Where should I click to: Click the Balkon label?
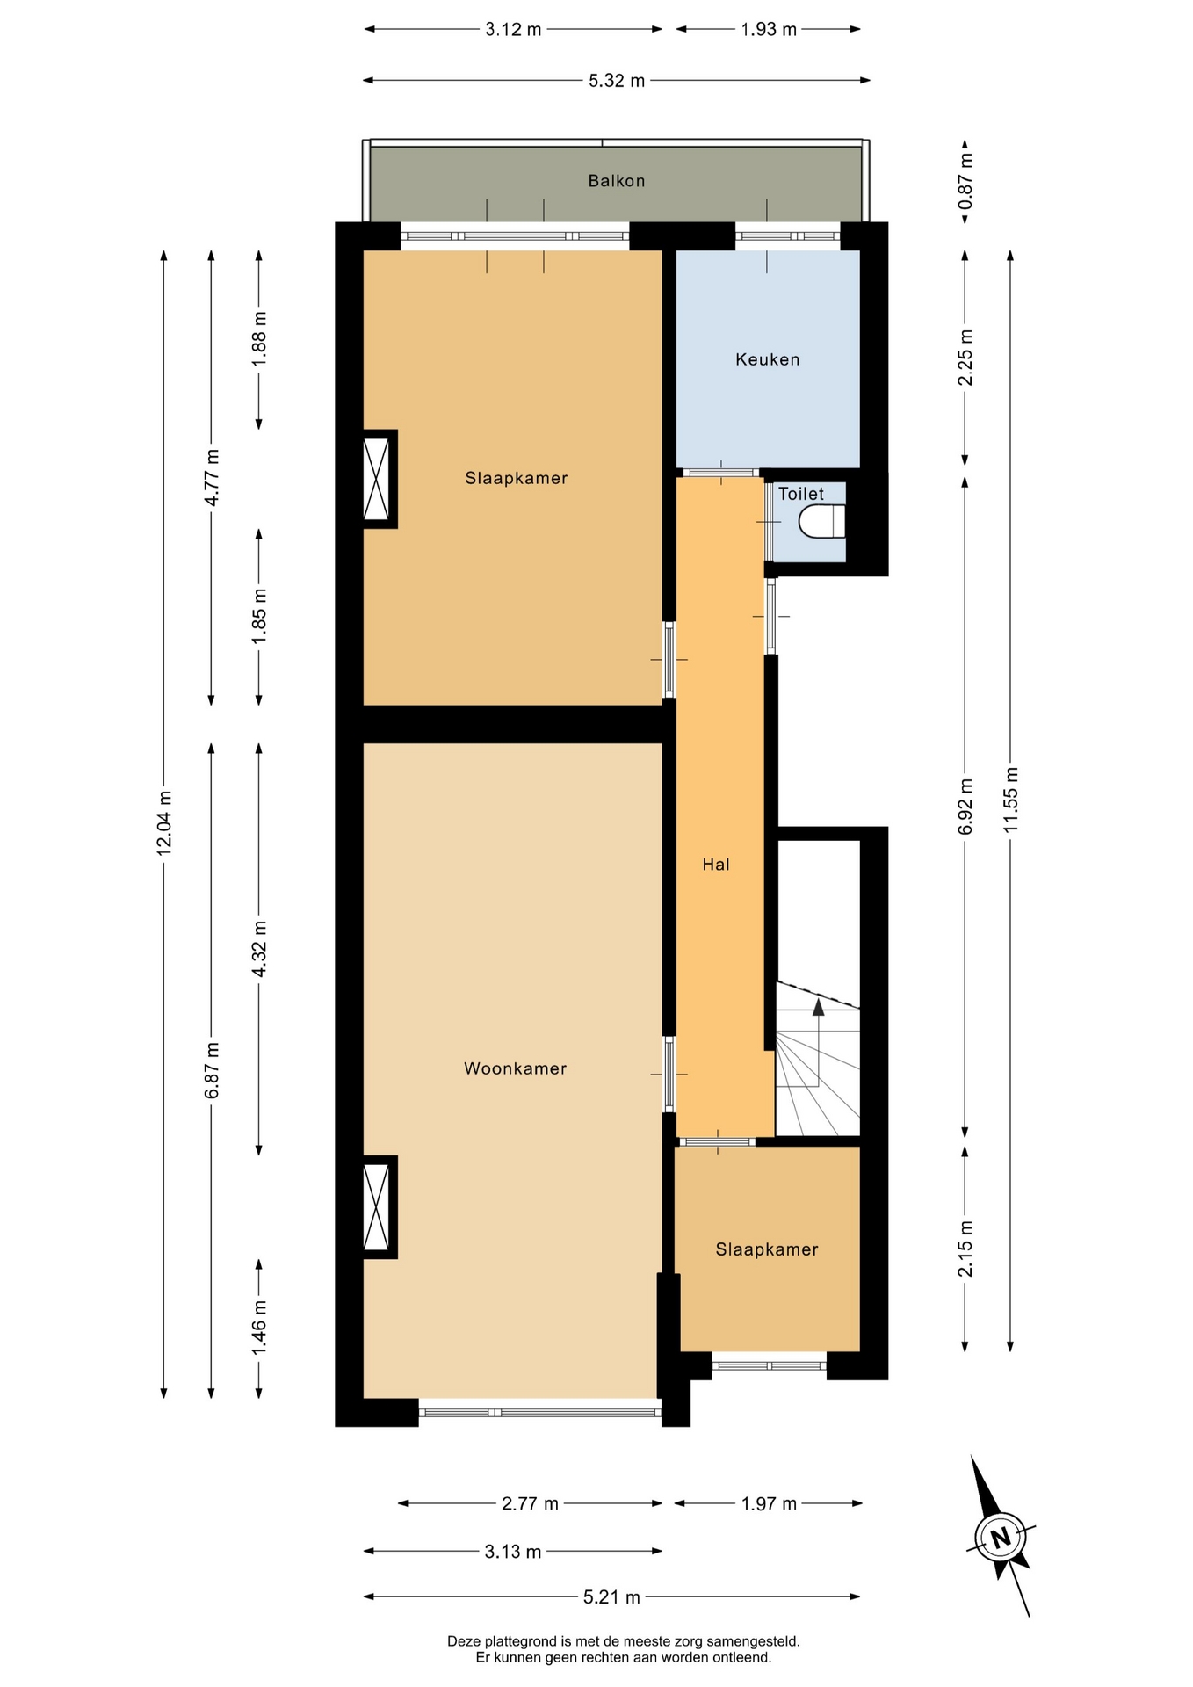click(x=617, y=181)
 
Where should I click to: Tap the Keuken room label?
click(x=768, y=359)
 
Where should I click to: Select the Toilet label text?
click(x=801, y=494)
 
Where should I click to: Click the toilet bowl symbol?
click(x=822, y=522)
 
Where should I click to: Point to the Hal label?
click(x=716, y=865)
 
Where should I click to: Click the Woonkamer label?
click(x=516, y=1068)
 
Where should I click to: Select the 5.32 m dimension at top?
click(x=617, y=81)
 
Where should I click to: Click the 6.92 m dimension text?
click(x=965, y=807)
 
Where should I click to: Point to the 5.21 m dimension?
click(x=611, y=1596)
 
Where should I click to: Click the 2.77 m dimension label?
click(x=531, y=1503)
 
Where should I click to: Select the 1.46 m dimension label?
click(x=259, y=1328)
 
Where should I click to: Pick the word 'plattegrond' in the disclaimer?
click(x=524, y=1640)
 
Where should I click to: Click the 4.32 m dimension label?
click(x=259, y=949)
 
